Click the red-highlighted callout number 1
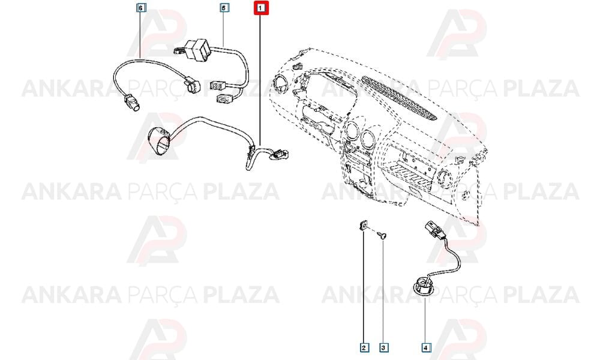[x=262, y=8]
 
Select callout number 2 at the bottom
[x=364, y=347]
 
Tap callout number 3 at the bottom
[x=383, y=347]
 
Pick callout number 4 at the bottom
[x=425, y=347]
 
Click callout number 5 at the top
[x=224, y=7]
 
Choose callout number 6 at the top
[x=141, y=7]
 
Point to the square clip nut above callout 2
[x=363, y=225]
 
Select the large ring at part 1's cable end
[x=159, y=140]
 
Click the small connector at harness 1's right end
[x=281, y=154]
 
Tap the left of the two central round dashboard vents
[x=352, y=131]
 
